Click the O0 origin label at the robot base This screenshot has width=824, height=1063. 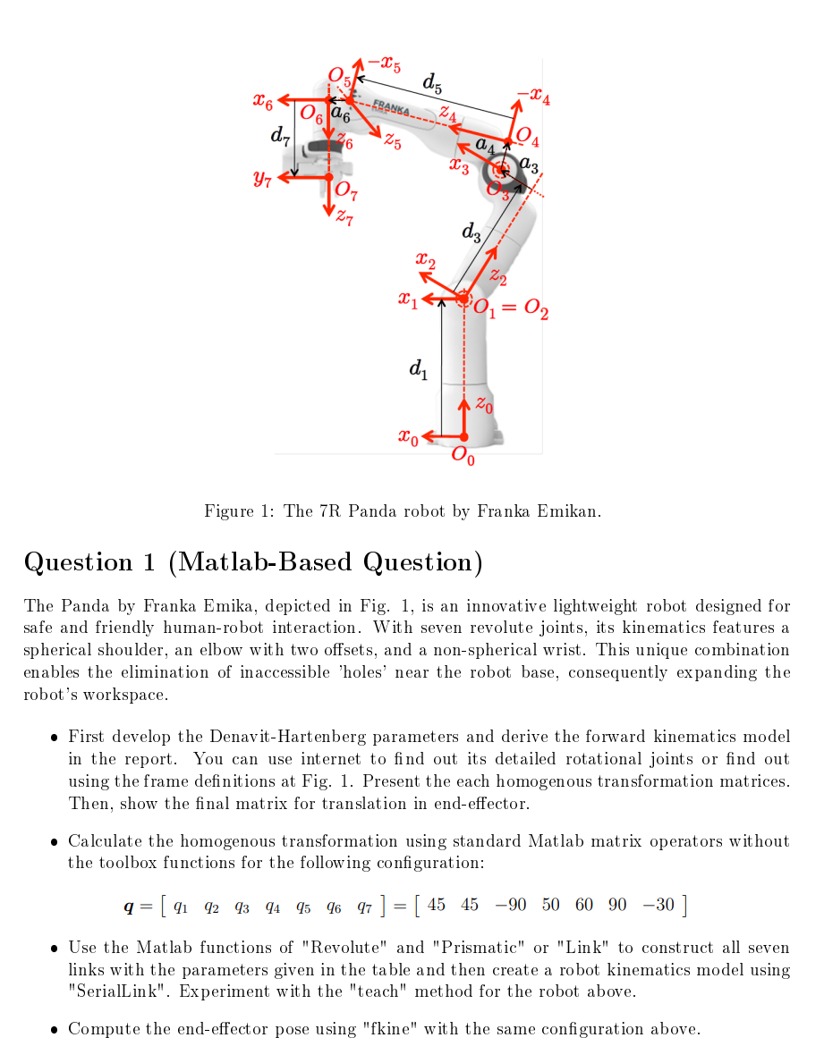click(x=463, y=457)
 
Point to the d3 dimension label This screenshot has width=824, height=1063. click(x=471, y=233)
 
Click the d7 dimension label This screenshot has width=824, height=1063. click(x=280, y=136)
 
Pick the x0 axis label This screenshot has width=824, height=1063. click(x=407, y=437)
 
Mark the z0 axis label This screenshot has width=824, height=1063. click(x=483, y=405)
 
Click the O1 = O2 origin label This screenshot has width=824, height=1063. click(x=511, y=309)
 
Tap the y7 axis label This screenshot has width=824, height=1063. click(x=262, y=180)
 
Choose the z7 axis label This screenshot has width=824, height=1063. click(x=344, y=217)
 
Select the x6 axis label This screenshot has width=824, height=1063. click(x=263, y=102)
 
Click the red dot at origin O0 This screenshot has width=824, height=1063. click(x=463, y=436)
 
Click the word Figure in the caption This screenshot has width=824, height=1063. click(x=230, y=511)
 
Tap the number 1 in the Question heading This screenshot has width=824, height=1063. click(x=149, y=562)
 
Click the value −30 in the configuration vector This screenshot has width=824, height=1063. click(x=658, y=904)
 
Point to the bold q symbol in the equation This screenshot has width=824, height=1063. click(x=130, y=907)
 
